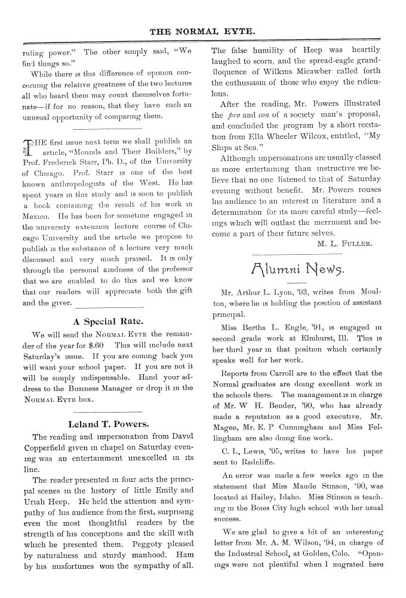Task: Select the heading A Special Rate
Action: coord(106,320)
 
